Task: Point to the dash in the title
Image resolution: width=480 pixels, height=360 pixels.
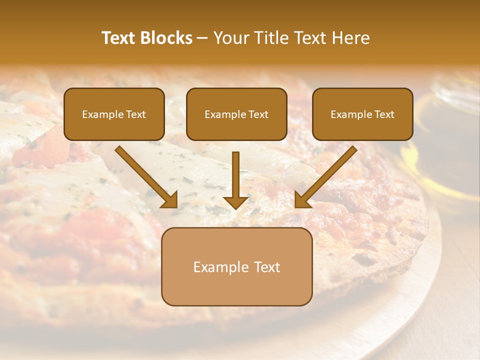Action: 203,38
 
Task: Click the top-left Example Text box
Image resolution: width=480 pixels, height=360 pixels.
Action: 114,114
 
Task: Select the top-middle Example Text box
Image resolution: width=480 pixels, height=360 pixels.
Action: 236,114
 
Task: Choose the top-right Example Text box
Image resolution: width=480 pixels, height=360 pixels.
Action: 362,114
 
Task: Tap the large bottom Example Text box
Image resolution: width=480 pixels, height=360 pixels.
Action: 236,266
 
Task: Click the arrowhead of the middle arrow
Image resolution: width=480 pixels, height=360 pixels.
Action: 235,201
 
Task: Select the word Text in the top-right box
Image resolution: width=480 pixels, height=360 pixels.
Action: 384,114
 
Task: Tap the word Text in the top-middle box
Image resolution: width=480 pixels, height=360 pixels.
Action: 258,114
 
